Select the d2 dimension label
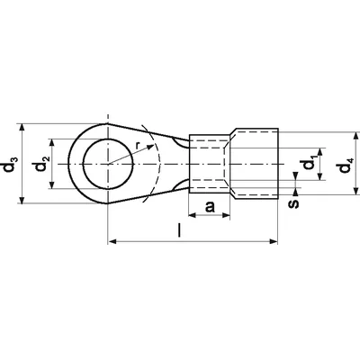[40, 164]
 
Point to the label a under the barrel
[210, 208]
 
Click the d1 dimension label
[310, 165]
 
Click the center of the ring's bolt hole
[109, 164]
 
